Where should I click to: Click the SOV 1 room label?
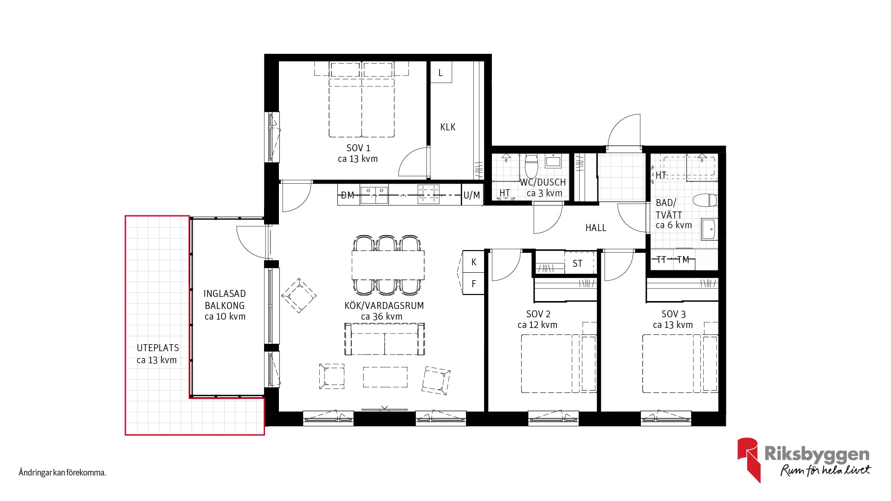[358, 148]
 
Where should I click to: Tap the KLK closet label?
[448, 127]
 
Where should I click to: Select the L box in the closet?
[441, 73]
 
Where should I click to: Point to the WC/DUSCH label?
[543, 182]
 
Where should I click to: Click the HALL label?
[596, 228]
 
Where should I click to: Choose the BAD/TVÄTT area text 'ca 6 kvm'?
[674, 225]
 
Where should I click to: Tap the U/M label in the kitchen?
[472, 195]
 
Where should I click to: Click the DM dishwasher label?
[348, 195]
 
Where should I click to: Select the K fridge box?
[474, 262]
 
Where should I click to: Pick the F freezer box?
[474, 283]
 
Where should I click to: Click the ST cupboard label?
[577, 263]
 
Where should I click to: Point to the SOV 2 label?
[538, 314]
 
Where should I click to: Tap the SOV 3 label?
[673, 314]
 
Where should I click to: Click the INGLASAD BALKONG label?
[225, 300]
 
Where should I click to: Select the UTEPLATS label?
[158, 348]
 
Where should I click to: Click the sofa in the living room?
[385, 339]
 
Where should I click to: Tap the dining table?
[388, 265]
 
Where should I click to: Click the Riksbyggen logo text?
[817, 454]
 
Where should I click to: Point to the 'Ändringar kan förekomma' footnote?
[63, 473]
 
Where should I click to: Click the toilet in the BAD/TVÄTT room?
[705, 200]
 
